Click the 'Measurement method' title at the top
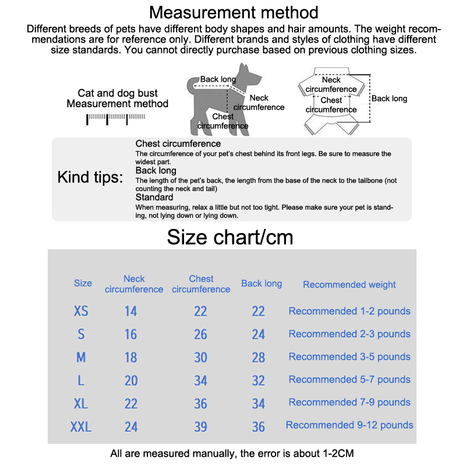click(234, 12)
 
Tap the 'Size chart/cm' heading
click(230, 237)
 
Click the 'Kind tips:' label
click(90, 178)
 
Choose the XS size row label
click(81, 311)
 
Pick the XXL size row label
click(81, 427)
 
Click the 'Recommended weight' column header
click(349, 285)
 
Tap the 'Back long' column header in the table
click(262, 284)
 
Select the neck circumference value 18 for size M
click(131, 357)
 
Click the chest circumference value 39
click(200, 427)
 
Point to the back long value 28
click(259, 357)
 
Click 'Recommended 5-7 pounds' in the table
click(349, 380)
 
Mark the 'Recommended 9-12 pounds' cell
click(349, 425)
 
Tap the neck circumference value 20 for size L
click(131, 380)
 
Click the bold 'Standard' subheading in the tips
click(154, 197)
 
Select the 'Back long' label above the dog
click(218, 79)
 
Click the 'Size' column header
click(83, 284)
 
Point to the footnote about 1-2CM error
click(232, 453)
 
